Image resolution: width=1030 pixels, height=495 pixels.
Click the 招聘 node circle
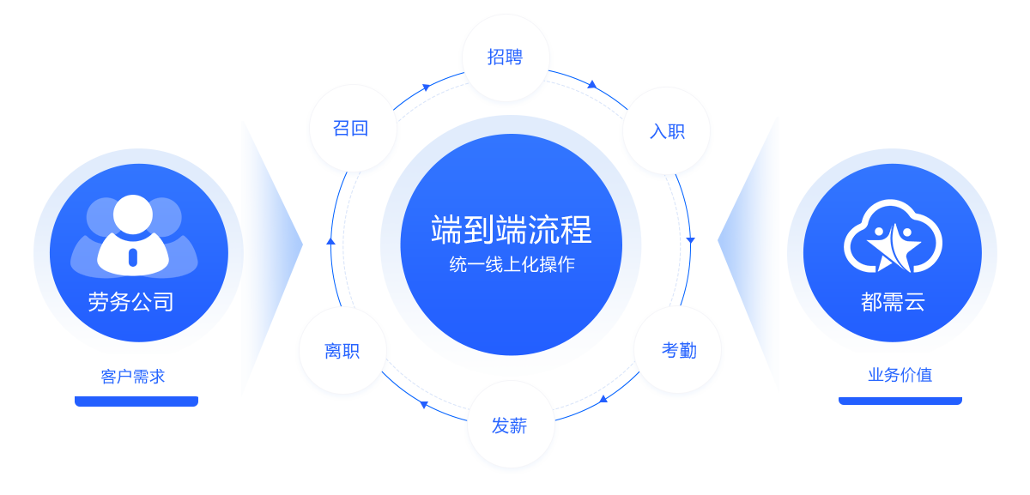[506, 57]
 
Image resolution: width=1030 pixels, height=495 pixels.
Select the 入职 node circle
[666, 131]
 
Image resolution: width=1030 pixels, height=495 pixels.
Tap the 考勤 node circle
[678, 349]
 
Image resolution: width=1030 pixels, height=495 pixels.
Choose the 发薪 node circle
[511, 424]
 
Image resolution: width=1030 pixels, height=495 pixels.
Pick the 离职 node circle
[343, 350]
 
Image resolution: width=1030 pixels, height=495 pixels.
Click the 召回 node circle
[353, 128]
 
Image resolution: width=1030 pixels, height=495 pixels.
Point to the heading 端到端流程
[512, 229]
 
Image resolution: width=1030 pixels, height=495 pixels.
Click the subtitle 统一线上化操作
[512, 264]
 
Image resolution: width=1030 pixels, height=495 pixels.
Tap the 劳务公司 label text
[131, 301]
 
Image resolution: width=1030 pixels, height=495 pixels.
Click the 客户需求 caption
[133, 377]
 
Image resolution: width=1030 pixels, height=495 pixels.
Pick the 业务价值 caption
[900, 375]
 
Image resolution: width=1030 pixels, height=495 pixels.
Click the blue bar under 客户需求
[136, 401]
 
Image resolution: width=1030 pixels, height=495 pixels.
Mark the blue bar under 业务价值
[900, 401]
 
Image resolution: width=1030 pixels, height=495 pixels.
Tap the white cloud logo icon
[893, 236]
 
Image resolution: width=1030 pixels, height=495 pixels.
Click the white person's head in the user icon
[133, 214]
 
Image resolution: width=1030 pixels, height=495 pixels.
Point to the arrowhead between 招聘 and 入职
[592, 85]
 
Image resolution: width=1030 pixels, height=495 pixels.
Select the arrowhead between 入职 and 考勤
[690, 240]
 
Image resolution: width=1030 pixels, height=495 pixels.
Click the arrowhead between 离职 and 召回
[330, 241]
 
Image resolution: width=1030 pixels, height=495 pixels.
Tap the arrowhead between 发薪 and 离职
[424, 404]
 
